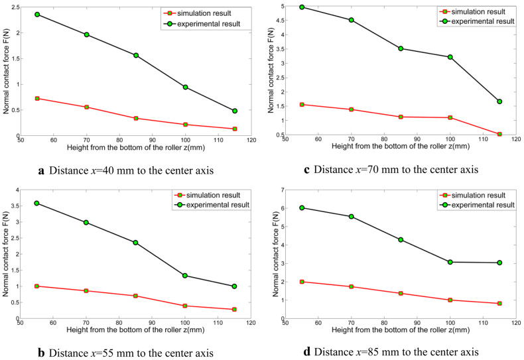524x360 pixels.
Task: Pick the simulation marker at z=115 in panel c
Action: point(499,134)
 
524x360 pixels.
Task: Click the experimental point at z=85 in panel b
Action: point(135,243)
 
